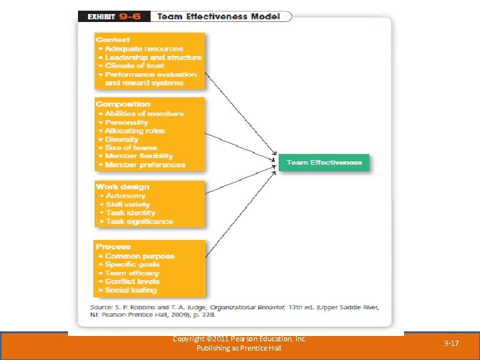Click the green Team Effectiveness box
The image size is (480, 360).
pos(323,163)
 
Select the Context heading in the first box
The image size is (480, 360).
pos(113,40)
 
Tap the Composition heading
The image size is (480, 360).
pos(123,104)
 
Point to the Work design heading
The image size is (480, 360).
pos(123,187)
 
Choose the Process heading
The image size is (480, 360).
pos(113,247)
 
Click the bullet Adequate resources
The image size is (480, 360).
pos(143,49)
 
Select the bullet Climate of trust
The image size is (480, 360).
pos(135,66)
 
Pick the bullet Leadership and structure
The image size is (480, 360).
pos(153,57)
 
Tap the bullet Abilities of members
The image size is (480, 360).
pos(144,113)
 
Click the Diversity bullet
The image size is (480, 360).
pos(122,139)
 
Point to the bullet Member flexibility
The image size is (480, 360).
pos(139,156)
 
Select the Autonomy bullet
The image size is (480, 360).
pos(125,196)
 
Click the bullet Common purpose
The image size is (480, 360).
pos(139,256)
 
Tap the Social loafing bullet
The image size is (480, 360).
pos(131,290)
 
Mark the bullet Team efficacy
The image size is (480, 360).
pos(132,273)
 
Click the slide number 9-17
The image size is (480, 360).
pos(451,343)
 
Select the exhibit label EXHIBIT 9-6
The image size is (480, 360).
pos(113,16)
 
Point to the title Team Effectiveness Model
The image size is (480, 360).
pos(218,16)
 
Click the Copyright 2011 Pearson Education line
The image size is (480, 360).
pos(239,339)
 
